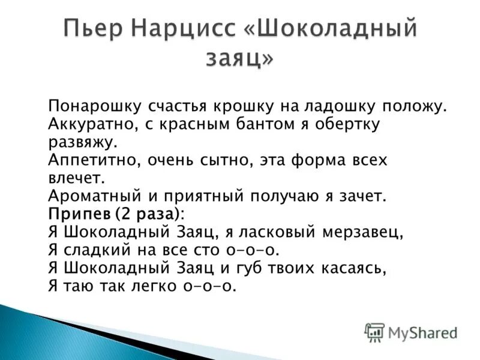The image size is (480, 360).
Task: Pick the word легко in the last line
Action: [157, 286]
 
